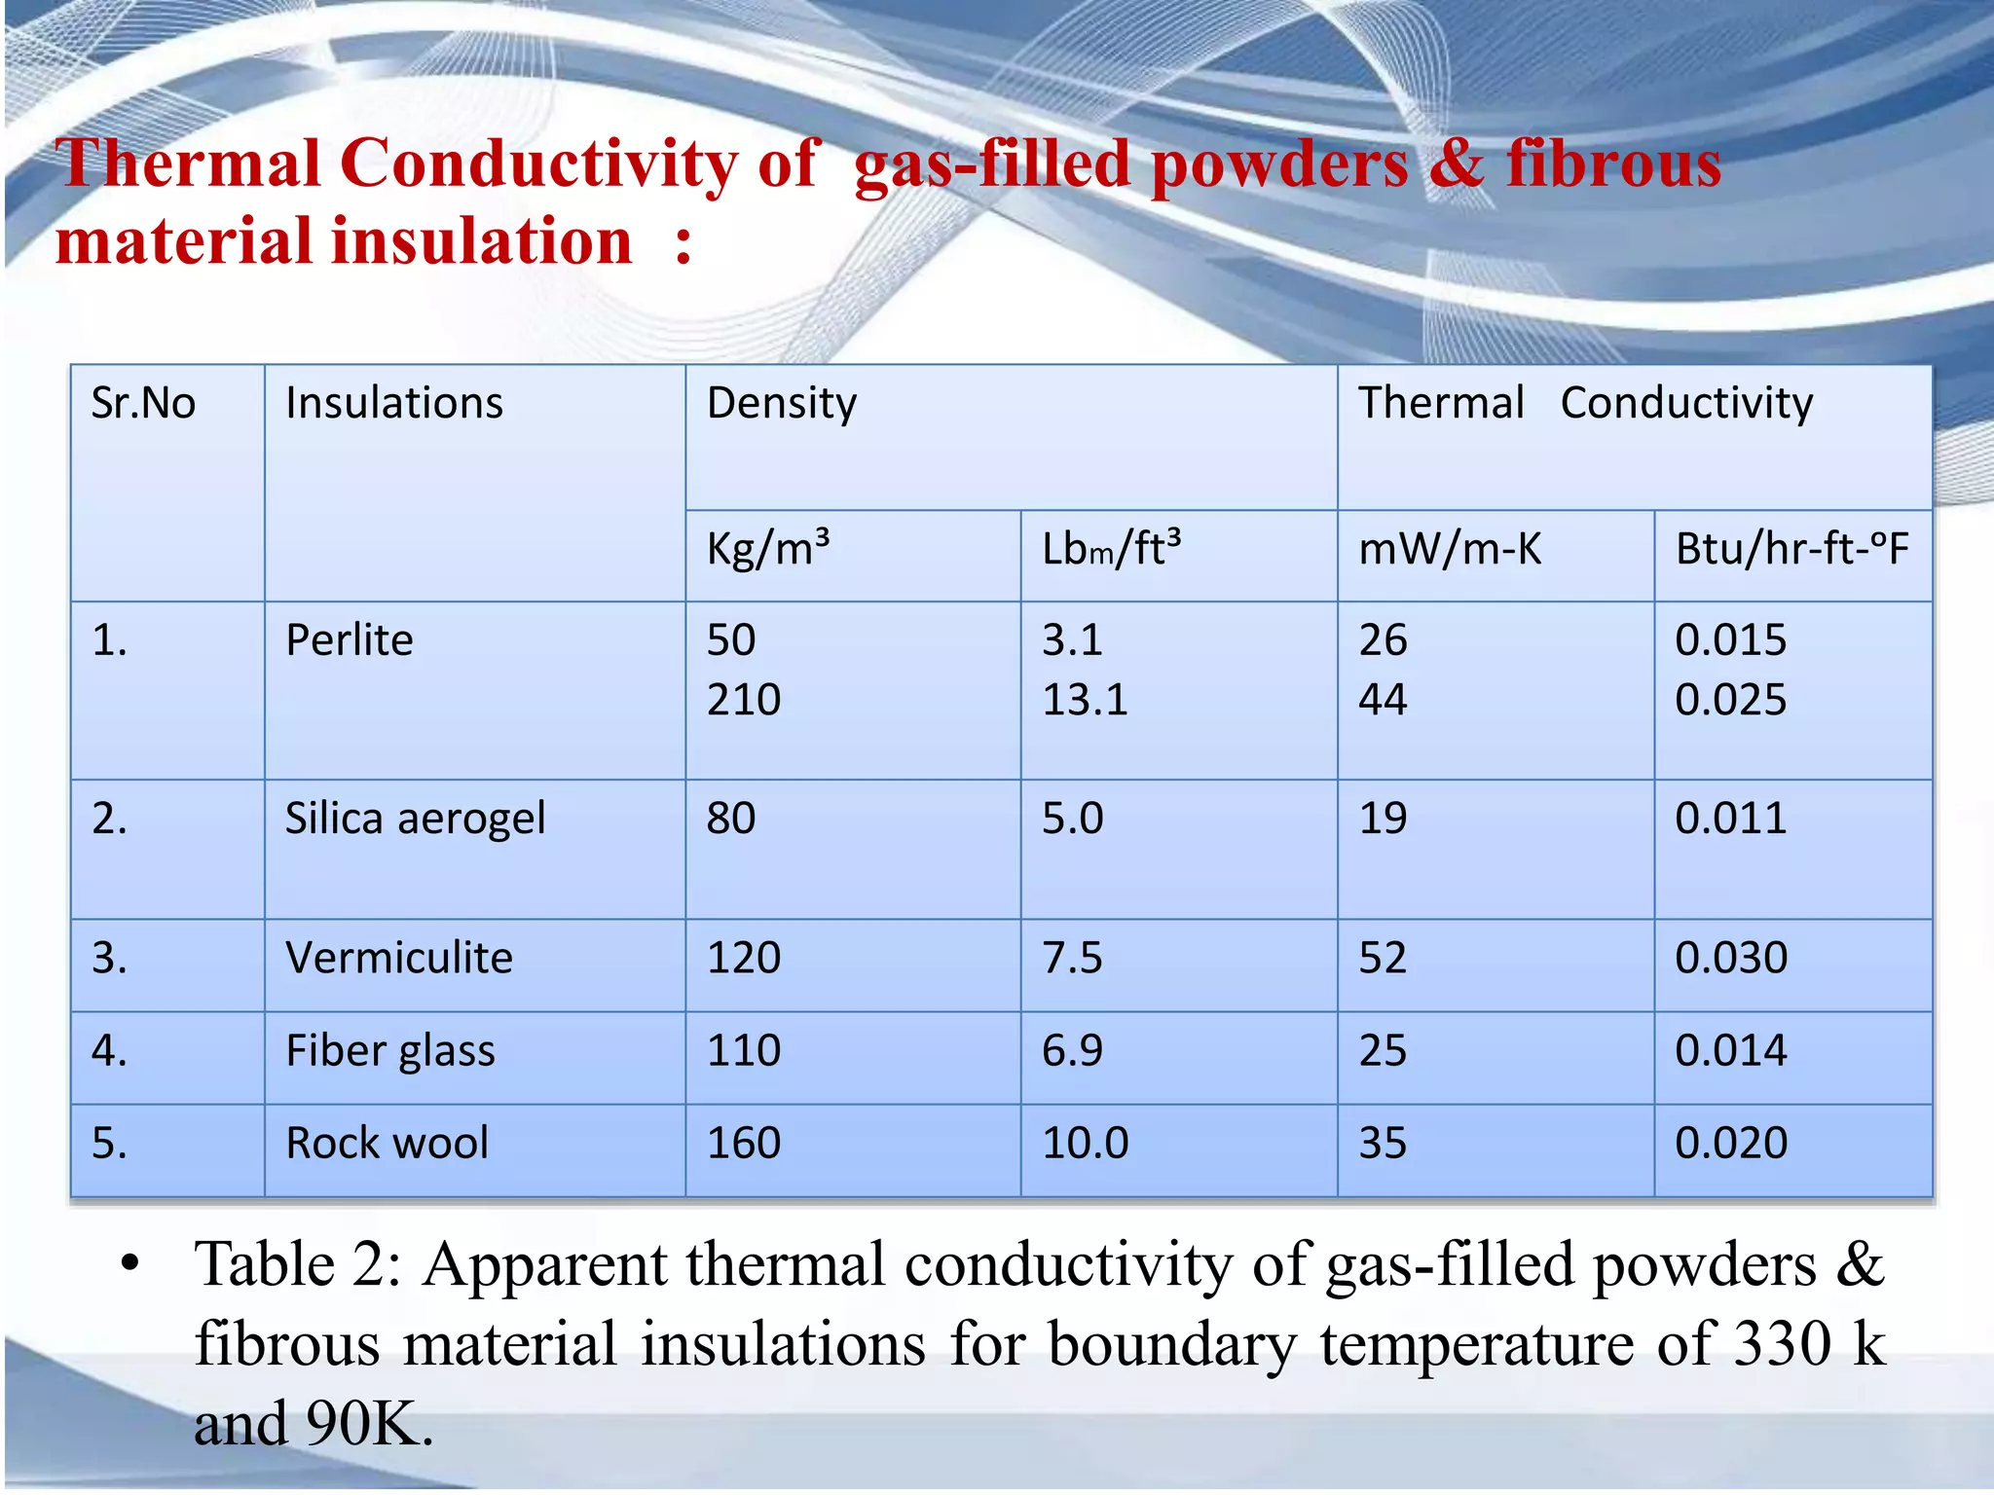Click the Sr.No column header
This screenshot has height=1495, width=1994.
click(143, 403)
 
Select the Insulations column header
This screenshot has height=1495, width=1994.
click(394, 403)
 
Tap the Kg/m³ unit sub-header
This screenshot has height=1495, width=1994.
click(768, 549)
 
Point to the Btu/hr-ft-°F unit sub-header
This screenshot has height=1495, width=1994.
click(1791, 549)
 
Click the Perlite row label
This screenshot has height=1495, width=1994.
click(350, 640)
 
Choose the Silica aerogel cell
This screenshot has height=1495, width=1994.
click(415, 819)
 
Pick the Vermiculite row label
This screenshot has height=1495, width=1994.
click(399, 958)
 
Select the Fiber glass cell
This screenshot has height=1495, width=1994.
click(390, 1051)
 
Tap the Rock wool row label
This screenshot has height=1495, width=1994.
click(388, 1144)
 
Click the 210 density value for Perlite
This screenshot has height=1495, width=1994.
click(744, 700)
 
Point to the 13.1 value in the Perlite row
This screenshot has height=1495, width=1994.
click(1085, 700)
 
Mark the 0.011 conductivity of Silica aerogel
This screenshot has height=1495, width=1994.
click(1731, 819)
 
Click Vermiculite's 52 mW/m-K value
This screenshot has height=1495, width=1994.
click(1383, 958)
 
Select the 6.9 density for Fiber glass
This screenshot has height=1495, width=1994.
click(1072, 1051)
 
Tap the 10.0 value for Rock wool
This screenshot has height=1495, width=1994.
click(1085, 1144)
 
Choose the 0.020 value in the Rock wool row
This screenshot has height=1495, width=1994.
click(1731, 1144)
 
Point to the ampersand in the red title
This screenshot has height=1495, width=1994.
click(1456, 164)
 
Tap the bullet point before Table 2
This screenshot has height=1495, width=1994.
click(130, 1265)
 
